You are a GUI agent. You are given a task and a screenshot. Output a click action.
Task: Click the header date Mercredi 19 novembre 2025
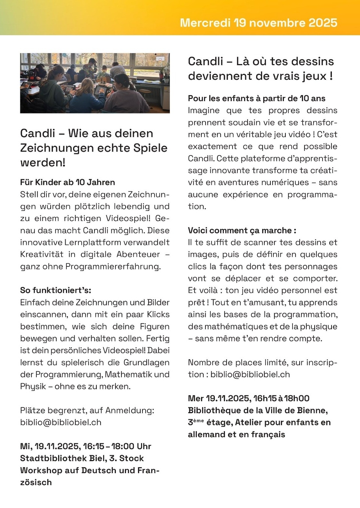tap(258, 22)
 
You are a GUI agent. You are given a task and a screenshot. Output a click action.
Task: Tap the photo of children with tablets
tap(95, 83)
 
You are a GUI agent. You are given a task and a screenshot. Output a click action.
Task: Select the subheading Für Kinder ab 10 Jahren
tap(67, 182)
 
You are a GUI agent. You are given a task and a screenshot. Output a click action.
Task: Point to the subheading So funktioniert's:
tap(55, 290)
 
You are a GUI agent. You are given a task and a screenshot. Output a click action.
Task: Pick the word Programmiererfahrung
tap(112, 266)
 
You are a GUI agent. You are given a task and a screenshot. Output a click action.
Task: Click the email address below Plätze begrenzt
tap(61, 422)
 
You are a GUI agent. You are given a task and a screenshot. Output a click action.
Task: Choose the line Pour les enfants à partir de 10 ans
tap(256, 99)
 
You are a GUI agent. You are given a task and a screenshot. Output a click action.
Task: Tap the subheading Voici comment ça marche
tap(241, 230)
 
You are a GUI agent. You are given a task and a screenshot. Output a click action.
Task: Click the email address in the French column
tap(250, 374)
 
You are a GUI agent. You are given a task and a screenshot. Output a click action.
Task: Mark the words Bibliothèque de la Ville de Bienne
tap(258, 410)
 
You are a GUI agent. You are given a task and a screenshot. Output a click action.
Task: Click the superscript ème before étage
tap(199, 420)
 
